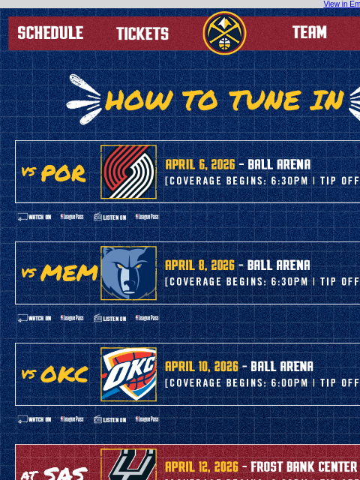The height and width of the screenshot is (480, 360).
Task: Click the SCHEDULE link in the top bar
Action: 50,33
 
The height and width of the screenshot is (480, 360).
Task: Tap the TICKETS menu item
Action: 142,34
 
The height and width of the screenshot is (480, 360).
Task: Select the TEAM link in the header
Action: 309,33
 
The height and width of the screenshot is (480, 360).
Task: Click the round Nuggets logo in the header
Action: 224,33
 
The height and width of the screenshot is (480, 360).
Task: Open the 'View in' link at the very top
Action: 341,4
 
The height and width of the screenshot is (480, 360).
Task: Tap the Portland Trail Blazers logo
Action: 128,172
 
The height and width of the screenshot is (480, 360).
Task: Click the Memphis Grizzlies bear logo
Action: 128,273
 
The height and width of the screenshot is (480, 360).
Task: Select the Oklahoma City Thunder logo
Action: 128,374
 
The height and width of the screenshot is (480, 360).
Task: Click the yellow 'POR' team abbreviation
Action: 63,173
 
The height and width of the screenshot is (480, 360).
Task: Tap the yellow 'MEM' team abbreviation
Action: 69,273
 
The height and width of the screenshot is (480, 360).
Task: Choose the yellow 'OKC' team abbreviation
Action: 64,374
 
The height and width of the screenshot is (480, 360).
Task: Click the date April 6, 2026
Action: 199,164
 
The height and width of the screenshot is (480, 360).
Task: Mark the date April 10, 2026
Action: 201,367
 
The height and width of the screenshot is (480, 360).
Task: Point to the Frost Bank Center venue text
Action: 304,467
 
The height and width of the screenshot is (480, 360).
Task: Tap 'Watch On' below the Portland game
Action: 34,217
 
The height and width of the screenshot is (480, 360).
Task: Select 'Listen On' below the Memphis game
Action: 109,318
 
